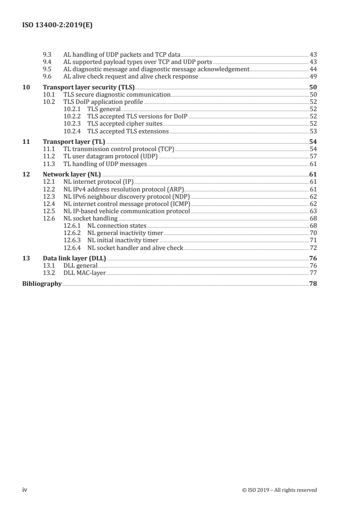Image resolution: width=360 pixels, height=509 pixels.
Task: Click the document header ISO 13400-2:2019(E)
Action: pyautogui.click(x=57, y=26)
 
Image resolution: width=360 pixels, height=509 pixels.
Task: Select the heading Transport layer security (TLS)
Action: pyautogui.click(x=89, y=88)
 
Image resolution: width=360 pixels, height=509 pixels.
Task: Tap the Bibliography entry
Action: pyautogui.click(x=42, y=284)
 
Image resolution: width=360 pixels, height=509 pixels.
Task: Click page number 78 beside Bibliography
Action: pyautogui.click(x=313, y=284)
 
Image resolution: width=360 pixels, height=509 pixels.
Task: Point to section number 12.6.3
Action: pyautogui.click(x=72, y=240)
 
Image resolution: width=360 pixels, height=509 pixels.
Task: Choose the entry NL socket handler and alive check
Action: pyautogui.click(x=135, y=248)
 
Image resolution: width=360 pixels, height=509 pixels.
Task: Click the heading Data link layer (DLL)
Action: pyautogui.click(x=74, y=259)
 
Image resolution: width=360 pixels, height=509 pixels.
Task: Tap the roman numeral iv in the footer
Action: pyautogui.click(x=25, y=489)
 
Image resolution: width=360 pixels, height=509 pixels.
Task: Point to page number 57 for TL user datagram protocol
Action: pyautogui.click(x=313, y=157)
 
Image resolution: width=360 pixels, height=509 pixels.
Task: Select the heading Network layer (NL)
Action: pyautogui.click(x=72, y=175)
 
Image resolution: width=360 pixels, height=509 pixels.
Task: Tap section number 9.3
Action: pyautogui.click(x=47, y=54)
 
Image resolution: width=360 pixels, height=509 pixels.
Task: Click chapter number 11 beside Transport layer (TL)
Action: pyautogui.click(x=26, y=142)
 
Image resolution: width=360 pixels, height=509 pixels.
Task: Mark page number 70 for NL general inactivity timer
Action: pyautogui.click(x=313, y=233)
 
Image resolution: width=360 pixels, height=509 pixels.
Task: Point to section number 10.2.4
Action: pyautogui.click(x=72, y=131)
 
